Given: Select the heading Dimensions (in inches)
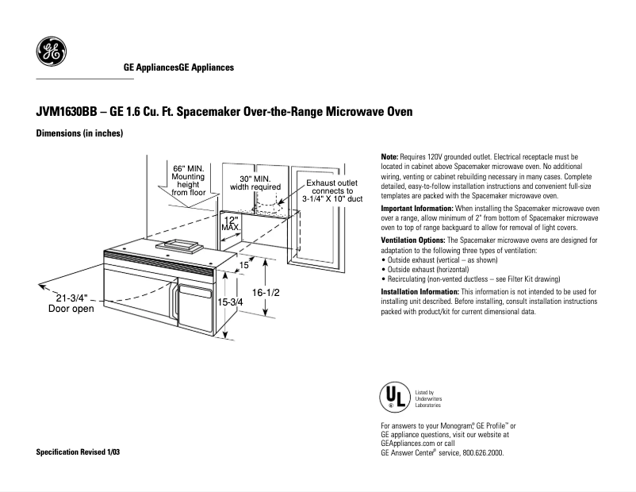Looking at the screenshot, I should [x=79, y=133].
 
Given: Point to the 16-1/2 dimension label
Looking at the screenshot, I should [x=266, y=293].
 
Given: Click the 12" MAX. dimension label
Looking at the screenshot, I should [x=231, y=223].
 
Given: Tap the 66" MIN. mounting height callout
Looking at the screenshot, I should [x=189, y=180].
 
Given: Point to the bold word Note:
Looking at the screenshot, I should [x=390, y=157].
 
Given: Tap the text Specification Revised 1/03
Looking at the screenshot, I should [x=80, y=452].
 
